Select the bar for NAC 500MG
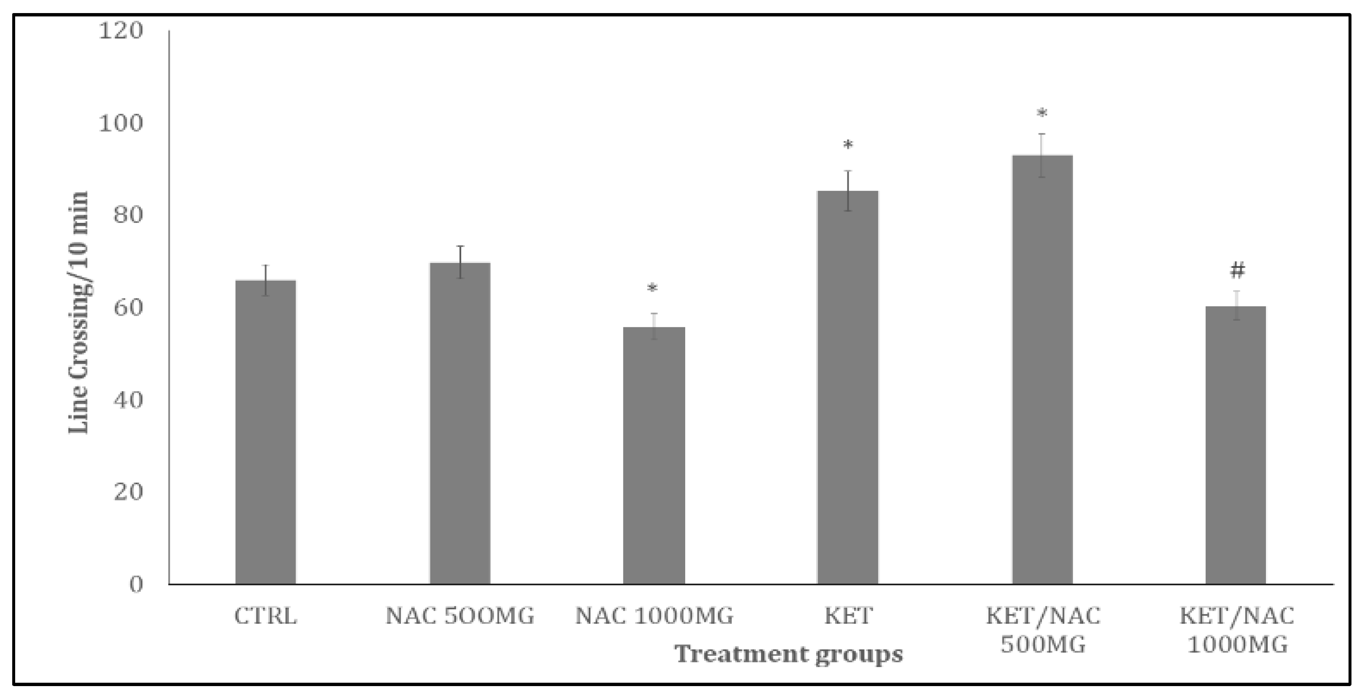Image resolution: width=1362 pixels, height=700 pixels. pyautogui.click(x=459, y=423)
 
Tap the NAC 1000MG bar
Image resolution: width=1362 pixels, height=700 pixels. pyautogui.click(x=654, y=455)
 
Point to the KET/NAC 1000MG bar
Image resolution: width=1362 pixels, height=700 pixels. pyautogui.click(x=1236, y=445)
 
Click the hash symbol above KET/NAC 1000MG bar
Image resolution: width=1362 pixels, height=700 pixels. pyautogui.click(x=1237, y=271)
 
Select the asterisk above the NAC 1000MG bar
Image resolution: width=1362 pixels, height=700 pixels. pyautogui.click(x=652, y=288)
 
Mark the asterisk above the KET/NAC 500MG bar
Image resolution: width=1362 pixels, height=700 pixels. pyautogui.click(x=1042, y=113)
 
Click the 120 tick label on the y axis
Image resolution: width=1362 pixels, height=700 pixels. pyautogui.click(x=120, y=31)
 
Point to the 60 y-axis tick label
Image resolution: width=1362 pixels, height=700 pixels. pyautogui.click(x=128, y=308)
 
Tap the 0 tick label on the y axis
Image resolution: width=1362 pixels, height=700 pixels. pyautogui.click(x=136, y=585)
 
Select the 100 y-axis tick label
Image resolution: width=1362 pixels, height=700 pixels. pyautogui.click(x=120, y=123)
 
